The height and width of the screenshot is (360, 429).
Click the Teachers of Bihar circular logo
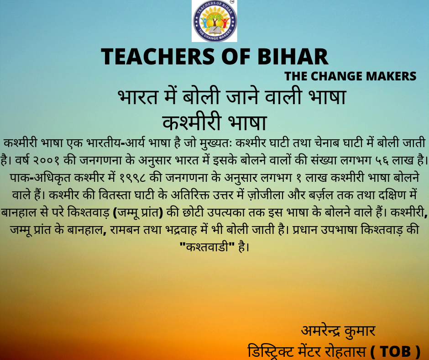point(214,21)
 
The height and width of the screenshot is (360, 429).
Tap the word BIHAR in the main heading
point(293,57)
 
